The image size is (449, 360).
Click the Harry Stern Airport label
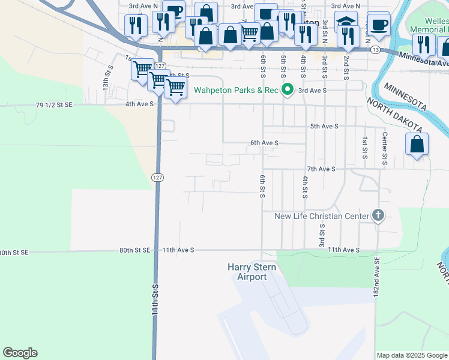pos(247,272)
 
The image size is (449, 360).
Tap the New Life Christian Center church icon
pos(378,215)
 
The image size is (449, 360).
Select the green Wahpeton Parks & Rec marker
pos(288,90)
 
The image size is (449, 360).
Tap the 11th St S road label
pos(155,300)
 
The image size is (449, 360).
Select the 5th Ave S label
pos(324,127)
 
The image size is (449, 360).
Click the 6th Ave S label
pos(264,143)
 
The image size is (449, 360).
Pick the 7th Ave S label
pos(321,169)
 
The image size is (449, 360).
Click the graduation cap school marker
pos(345,23)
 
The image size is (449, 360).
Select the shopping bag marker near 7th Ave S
pos(417,145)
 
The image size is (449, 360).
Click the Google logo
pos(20,353)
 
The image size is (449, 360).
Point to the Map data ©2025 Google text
pos(412,355)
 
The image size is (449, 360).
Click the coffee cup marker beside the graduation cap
pos(378,25)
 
